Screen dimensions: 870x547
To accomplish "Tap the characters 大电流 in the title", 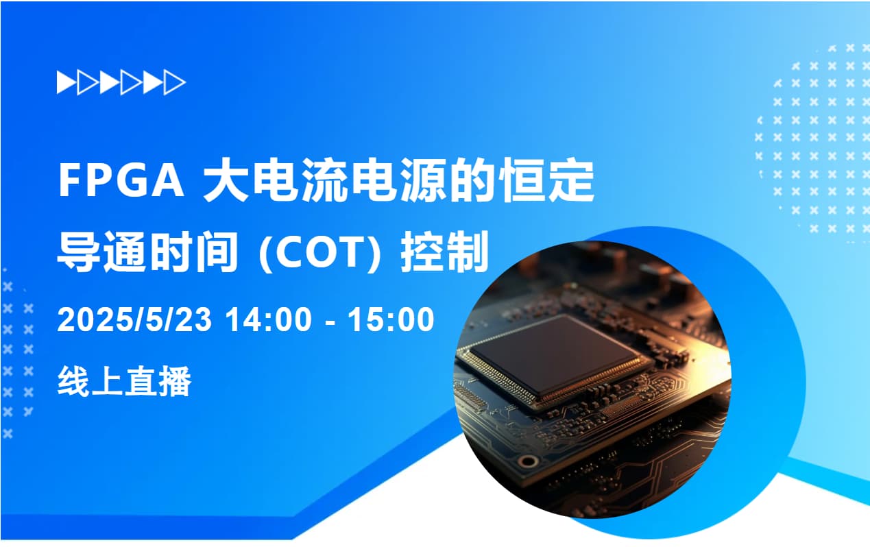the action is (x=276, y=181).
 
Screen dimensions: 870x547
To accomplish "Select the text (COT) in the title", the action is (x=320, y=253).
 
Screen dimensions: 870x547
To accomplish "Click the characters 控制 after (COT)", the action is (x=445, y=252).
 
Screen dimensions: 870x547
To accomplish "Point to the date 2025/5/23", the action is (x=135, y=319).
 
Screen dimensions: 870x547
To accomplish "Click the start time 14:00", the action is (x=269, y=319).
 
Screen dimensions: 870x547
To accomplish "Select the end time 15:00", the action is (x=391, y=319).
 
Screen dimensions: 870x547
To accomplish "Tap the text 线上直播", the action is (x=124, y=382).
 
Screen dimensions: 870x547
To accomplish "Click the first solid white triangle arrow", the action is (x=66, y=82).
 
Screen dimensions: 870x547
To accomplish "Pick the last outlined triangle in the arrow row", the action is (x=174, y=82).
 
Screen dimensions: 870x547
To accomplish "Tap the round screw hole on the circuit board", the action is (x=528, y=461).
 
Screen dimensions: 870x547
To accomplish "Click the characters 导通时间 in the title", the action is (x=147, y=252).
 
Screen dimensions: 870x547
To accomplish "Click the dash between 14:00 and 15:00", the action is (x=330, y=322).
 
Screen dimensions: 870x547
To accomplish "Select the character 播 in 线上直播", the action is (x=175, y=382).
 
